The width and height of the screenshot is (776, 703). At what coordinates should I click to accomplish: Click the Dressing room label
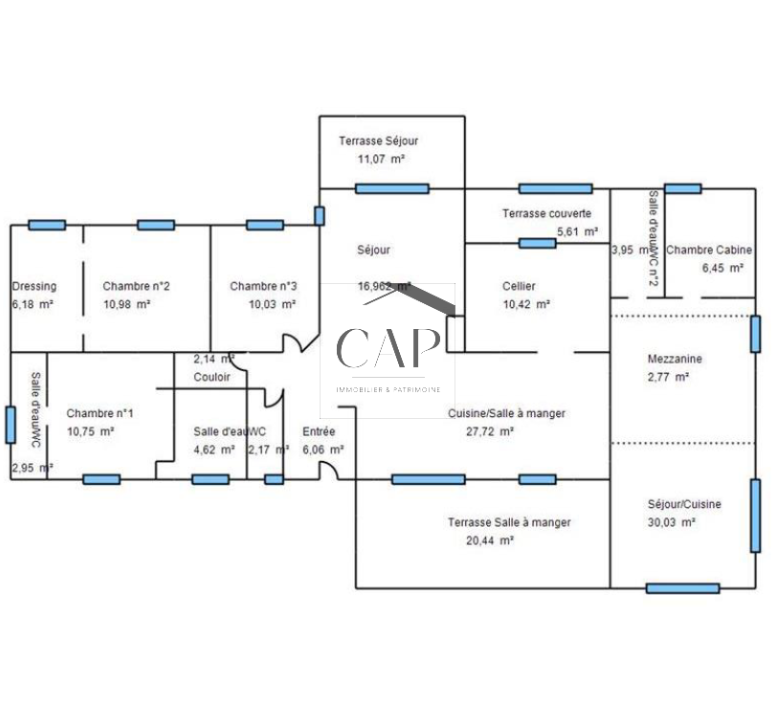[33, 286]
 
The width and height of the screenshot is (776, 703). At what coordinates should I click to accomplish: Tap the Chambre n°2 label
[137, 286]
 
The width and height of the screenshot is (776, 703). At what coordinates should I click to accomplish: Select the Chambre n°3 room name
[263, 286]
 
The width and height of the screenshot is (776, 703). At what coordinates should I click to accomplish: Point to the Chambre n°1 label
[100, 414]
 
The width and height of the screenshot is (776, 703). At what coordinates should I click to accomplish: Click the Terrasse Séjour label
[378, 142]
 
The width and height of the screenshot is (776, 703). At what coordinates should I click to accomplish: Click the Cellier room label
[519, 286]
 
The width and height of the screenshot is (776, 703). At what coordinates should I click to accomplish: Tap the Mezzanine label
[675, 360]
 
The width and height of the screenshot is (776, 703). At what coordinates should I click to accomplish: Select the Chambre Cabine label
[709, 251]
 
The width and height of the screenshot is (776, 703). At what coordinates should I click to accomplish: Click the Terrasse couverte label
[546, 214]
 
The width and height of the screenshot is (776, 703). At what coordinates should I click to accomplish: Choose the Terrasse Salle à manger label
[509, 523]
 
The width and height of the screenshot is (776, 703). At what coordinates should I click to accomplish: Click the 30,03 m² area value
[671, 522]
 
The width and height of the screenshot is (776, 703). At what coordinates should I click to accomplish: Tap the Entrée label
[319, 431]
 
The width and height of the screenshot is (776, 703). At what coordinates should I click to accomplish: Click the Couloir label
[211, 378]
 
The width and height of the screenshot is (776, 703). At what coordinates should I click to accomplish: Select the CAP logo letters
[388, 349]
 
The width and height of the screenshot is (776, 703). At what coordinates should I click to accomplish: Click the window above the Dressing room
[46, 226]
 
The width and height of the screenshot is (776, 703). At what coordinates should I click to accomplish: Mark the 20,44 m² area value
[491, 540]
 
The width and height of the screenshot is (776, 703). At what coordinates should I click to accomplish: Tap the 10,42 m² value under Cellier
[525, 304]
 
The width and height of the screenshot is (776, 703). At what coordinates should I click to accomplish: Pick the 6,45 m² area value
[722, 269]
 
